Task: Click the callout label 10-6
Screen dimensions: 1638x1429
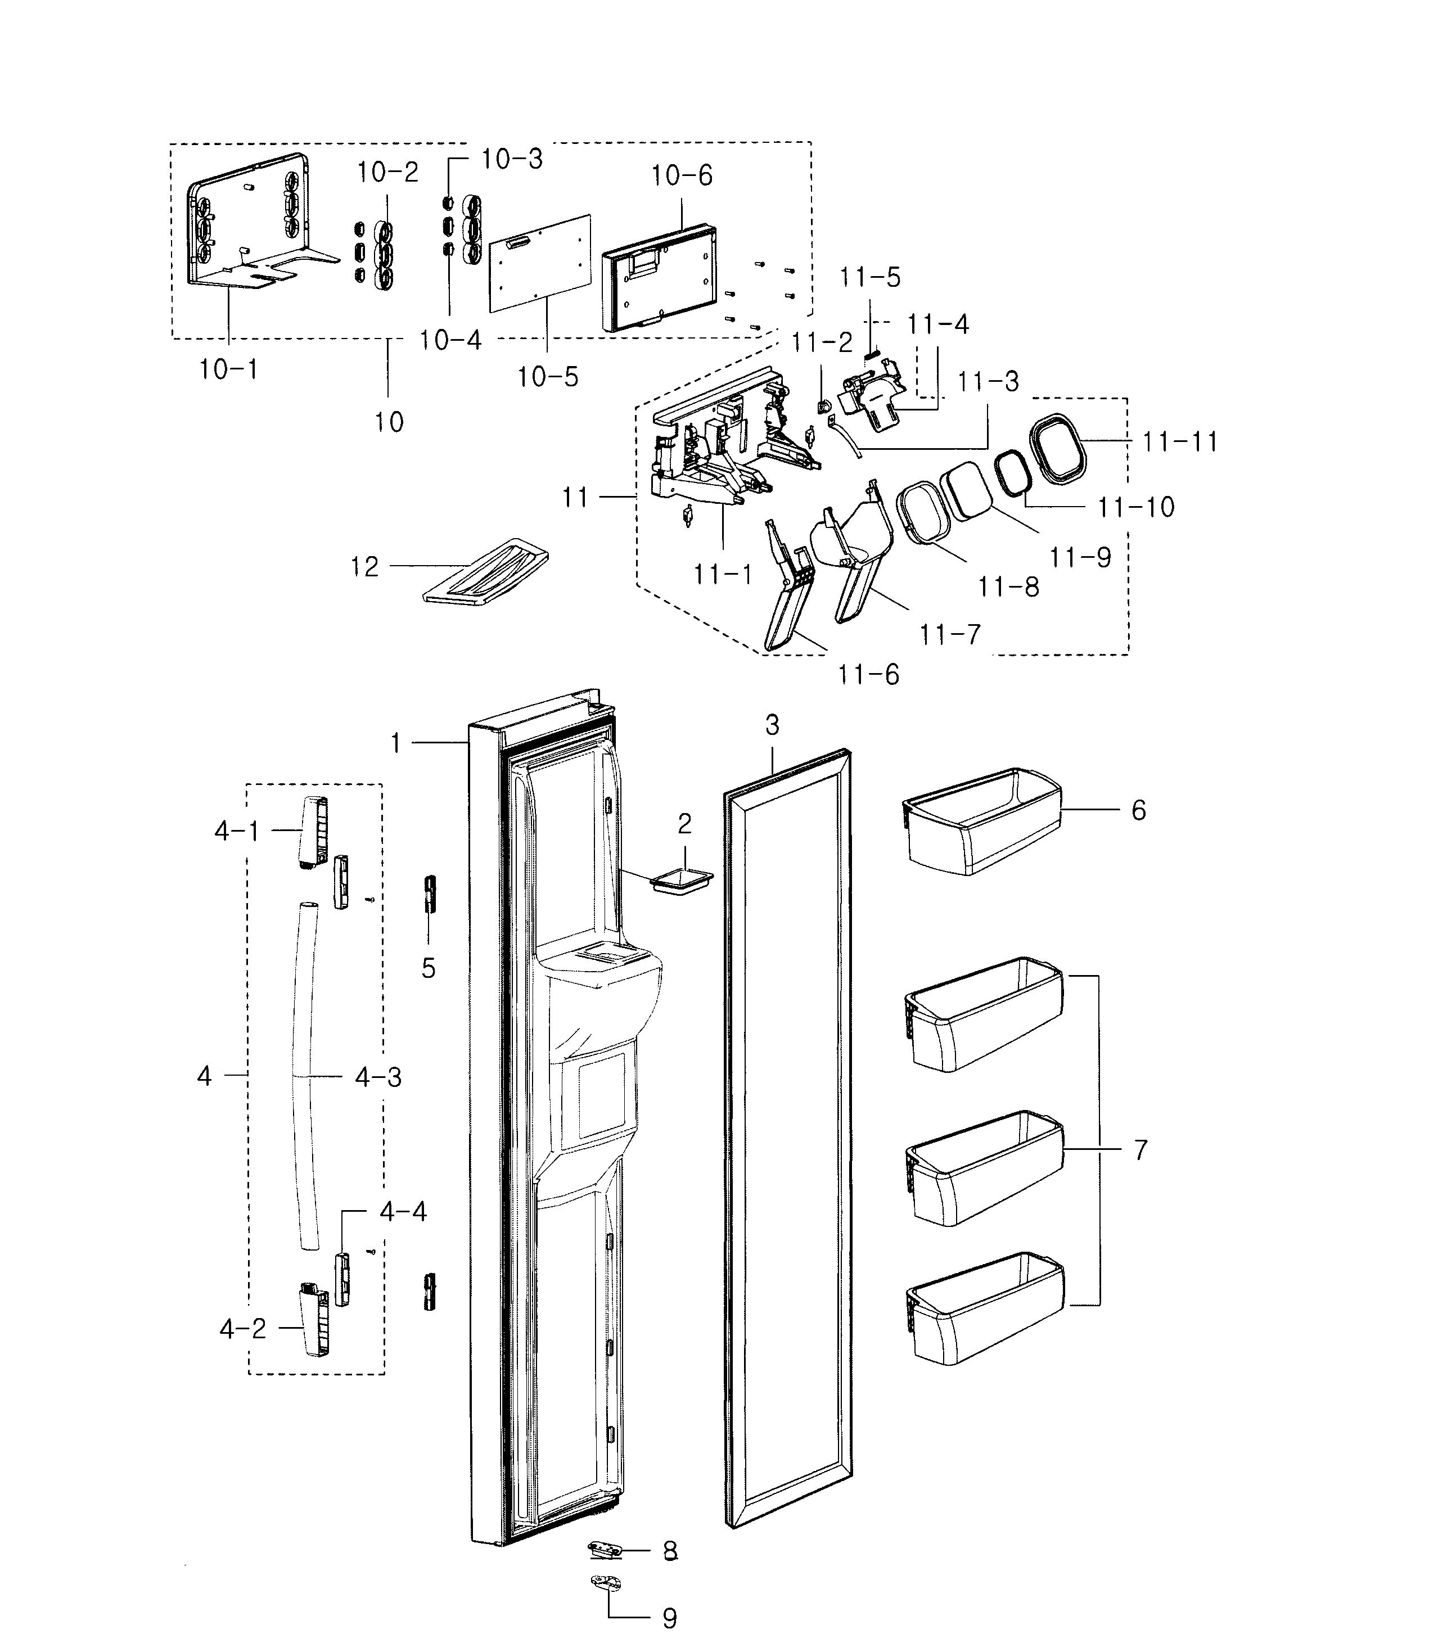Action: click(682, 175)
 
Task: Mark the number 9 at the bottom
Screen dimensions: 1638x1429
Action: click(670, 1618)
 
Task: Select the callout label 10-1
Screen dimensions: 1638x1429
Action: click(228, 369)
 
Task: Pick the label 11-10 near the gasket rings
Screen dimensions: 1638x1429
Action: click(1135, 507)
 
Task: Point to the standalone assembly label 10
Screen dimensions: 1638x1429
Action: click(389, 421)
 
